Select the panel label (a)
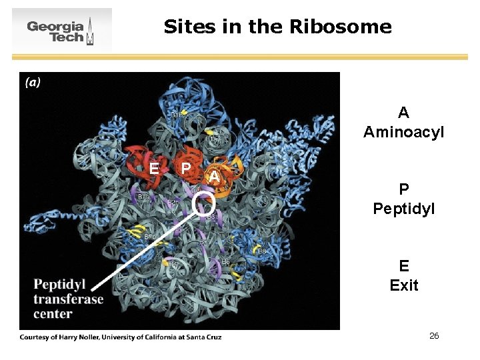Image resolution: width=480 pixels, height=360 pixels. click(33, 83)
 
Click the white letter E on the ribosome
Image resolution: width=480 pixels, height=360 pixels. click(154, 168)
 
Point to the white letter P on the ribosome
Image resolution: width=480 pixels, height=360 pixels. click(186, 167)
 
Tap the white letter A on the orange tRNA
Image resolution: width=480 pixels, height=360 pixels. click(213, 175)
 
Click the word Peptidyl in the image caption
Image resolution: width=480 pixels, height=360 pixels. click(59, 285)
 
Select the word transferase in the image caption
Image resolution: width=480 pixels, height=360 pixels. click(68, 299)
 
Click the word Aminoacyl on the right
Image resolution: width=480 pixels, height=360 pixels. click(403, 133)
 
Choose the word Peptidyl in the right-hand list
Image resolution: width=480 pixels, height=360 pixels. click(403, 209)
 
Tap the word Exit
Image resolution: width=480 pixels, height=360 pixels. click(403, 285)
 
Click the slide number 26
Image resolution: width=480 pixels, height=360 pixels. click(434, 335)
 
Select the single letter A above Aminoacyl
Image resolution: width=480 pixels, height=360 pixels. click(403, 113)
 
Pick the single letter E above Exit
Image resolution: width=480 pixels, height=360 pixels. click(403, 266)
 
